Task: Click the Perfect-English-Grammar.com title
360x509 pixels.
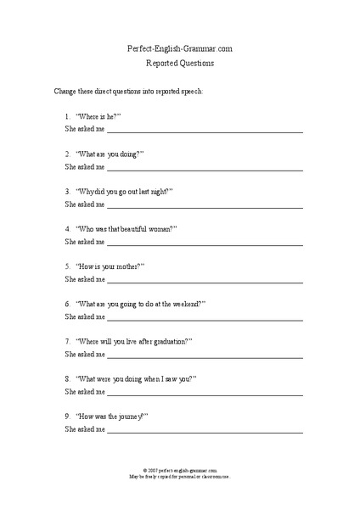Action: pos(179,49)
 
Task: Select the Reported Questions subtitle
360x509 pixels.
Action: pos(179,63)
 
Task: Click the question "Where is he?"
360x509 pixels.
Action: pos(98,115)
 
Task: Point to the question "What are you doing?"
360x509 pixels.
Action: pos(110,154)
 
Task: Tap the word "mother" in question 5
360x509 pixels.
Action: pos(127,266)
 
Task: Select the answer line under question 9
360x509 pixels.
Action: pos(204,432)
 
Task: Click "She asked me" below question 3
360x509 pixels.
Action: pos(85,204)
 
